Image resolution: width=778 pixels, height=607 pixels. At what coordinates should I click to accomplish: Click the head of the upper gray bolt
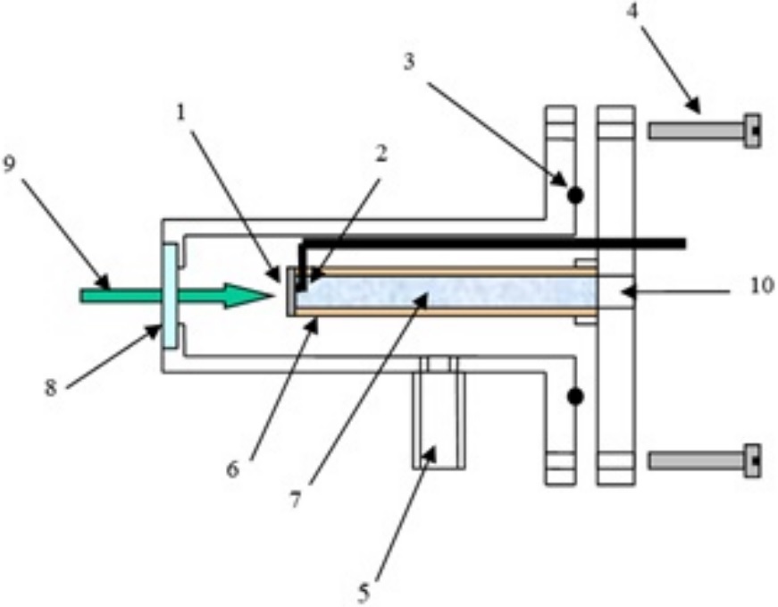point(752,131)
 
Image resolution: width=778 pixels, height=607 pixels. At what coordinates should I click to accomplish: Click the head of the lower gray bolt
point(752,460)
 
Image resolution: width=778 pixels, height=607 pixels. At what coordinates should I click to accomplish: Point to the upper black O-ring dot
point(575,193)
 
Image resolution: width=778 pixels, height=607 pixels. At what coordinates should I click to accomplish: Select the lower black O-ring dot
point(575,395)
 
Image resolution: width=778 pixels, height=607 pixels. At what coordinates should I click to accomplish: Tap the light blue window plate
point(169,295)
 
